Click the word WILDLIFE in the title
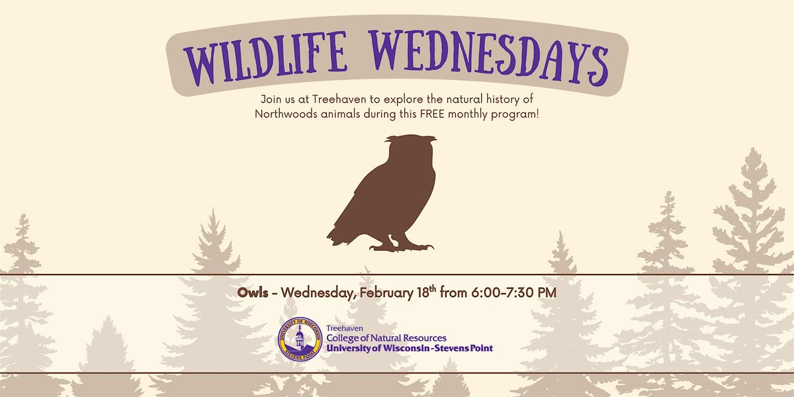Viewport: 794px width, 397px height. [x=265, y=58]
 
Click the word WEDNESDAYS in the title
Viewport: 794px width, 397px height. [x=488, y=58]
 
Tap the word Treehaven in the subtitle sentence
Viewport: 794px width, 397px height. [x=339, y=99]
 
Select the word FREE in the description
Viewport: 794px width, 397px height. [x=433, y=114]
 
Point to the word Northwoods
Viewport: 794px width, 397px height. [x=286, y=114]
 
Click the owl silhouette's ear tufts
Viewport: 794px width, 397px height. [x=411, y=138]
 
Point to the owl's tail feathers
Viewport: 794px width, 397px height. [x=339, y=236]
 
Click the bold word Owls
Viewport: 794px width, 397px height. [x=253, y=292]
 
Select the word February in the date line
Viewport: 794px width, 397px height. [x=386, y=294]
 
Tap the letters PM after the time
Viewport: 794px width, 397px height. [x=547, y=292]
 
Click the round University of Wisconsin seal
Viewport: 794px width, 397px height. [x=300, y=339]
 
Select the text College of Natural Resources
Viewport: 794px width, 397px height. [x=386, y=338]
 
